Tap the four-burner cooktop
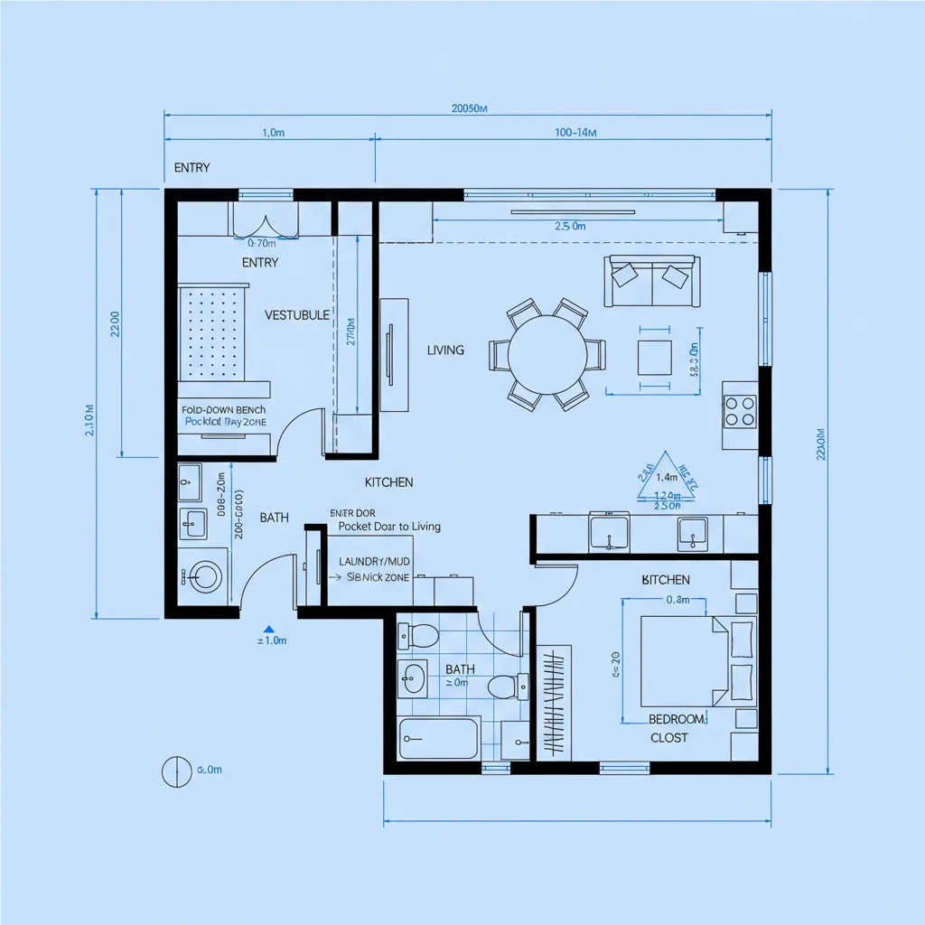[739, 412]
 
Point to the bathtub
[439, 739]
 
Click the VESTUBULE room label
[297, 315]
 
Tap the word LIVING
[445, 350]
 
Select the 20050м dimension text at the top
[469, 108]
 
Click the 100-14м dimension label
[575, 133]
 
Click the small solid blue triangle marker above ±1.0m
[268, 627]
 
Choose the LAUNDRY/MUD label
[375, 561]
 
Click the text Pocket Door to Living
[389, 526]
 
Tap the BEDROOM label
[677, 719]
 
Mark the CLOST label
[668, 738]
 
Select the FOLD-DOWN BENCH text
[223, 410]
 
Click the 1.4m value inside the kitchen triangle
[667, 477]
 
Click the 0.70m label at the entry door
[261, 243]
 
